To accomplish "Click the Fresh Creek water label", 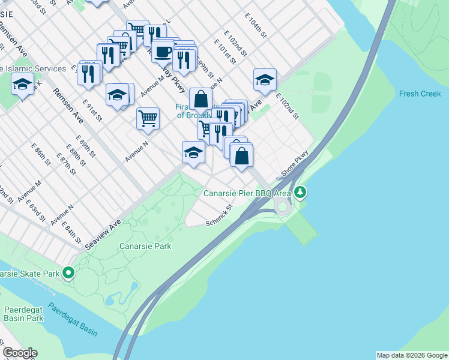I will coord(420,94).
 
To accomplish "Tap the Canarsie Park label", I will coord(145,246).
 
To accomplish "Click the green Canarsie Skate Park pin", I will coord(68,274).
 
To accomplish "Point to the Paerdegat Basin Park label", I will coord(24,314).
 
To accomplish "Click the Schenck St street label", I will coord(219,216).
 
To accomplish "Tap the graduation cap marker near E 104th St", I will coord(264,79).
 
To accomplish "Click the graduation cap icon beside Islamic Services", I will coord(22,84).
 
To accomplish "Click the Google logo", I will coord(20,353).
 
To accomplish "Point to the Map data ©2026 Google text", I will coord(412,355).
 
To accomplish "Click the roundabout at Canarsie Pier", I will coord(282,207).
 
